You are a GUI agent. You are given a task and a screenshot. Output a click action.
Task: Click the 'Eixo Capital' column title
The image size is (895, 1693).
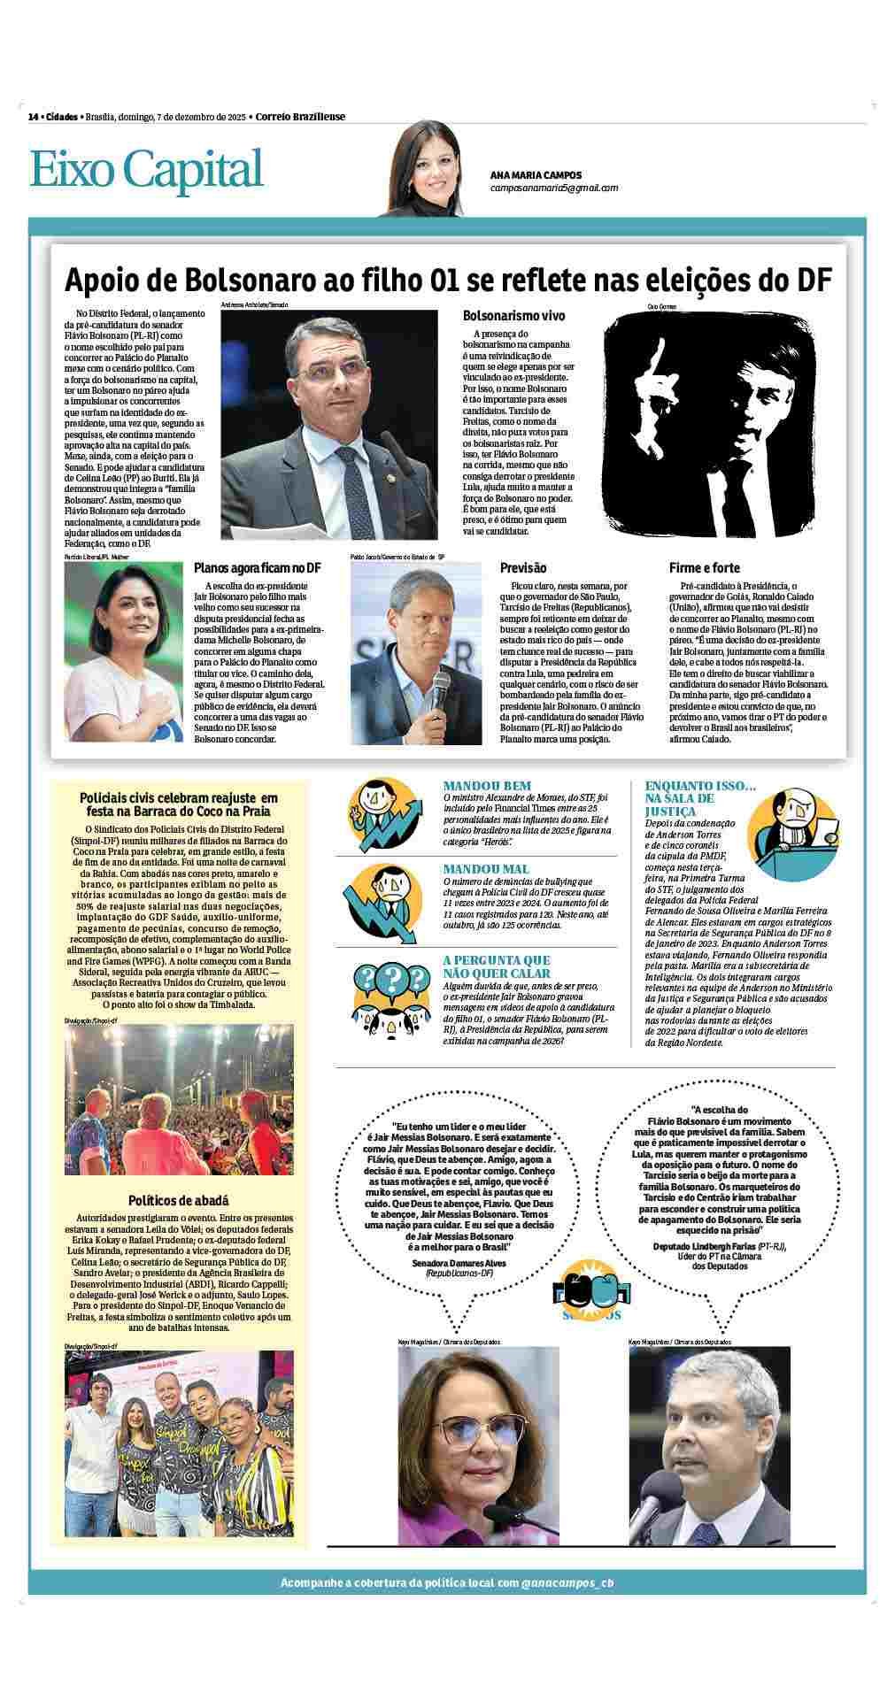click(147, 169)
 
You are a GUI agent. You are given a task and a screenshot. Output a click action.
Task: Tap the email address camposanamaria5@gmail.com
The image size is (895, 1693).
click(553, 188)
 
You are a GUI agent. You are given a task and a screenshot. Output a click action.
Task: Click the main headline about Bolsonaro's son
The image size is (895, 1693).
click(448, 280)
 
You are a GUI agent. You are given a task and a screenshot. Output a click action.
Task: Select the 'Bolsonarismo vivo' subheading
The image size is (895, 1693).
click(513, 316)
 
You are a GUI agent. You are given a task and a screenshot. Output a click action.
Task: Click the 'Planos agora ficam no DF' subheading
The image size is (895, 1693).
click(257, 568)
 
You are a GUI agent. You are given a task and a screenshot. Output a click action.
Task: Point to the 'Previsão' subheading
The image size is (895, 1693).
click(523, 568)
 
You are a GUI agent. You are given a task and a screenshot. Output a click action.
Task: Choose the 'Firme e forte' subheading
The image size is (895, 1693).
click(705, 568)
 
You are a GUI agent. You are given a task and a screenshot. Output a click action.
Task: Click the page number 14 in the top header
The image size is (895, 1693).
click(33, 117)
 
